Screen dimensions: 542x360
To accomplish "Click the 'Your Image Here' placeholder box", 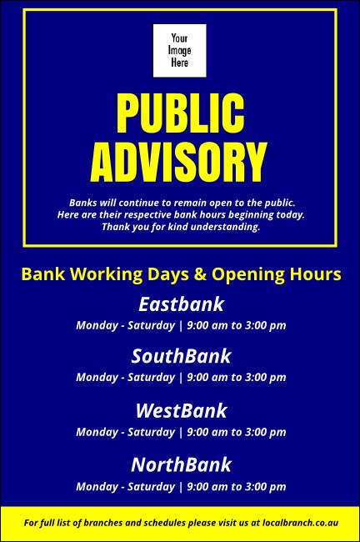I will click(x=179, y=50).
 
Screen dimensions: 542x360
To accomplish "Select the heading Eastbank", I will click(x=181, y=304).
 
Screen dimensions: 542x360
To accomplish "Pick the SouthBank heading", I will click(x=181, y=357).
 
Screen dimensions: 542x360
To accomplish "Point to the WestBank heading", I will click(x=181, y=411).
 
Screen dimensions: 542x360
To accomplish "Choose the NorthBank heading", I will click(x=181, y=464).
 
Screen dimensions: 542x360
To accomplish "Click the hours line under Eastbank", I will click(x=181, y=325).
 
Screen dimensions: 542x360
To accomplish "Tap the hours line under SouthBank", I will click(x=181, y=378).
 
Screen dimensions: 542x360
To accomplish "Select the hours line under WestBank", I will click(x=181, y=432).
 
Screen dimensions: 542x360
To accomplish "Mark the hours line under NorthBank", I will click(x=181, y=486).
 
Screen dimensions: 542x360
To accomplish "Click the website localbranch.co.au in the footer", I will click(x=300, y=524).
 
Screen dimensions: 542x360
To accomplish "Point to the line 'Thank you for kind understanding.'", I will click(x=181, y=227).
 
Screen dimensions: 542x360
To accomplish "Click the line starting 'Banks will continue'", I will click(x=181, y=203).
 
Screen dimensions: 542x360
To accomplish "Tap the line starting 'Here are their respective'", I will click(x=181, y=215).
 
